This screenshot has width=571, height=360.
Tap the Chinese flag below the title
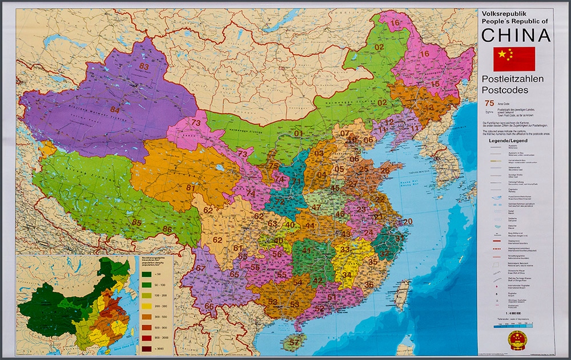[514, 59]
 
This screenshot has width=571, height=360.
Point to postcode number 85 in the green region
[136, 222]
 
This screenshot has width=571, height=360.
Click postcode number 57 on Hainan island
[295, 342]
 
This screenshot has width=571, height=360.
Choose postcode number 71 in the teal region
[296, 182]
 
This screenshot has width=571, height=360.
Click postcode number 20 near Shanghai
[407, 222]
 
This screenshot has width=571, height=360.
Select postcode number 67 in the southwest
[200, 269]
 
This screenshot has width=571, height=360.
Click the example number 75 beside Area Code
[489, 103]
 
